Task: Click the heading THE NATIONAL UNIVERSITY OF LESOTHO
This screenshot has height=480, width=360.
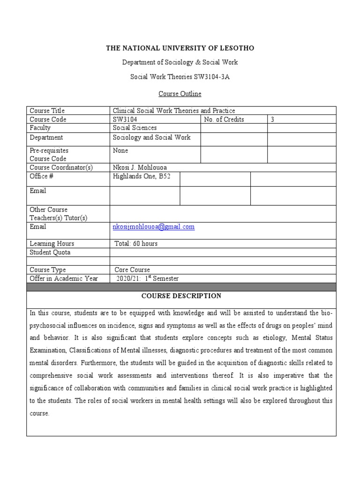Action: tap(180, 48)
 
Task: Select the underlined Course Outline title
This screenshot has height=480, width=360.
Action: tap(180, 94)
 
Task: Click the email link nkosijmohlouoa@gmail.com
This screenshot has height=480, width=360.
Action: tap(153, 227)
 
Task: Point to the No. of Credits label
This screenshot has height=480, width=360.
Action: tap(224, 120)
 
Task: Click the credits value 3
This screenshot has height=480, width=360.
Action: tap(272, 120)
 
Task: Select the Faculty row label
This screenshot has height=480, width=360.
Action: tap(40, 128)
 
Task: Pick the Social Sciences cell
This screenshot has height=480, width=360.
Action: tap(135, 128)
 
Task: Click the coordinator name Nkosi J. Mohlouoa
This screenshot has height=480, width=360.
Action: tap(140, 167)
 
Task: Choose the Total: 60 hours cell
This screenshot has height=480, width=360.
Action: tap(136, 244)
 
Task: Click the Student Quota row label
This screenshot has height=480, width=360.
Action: tap(50, 253)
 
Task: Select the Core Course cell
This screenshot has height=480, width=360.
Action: tap(132, 270)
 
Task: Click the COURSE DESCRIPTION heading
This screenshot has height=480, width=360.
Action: tap(181, 296)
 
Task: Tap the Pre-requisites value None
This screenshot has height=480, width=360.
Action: tap(120, 151)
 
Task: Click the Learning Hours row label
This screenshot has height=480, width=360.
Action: tap(52, 244)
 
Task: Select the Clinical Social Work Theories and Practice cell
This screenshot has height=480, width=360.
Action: tap(174, 111)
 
